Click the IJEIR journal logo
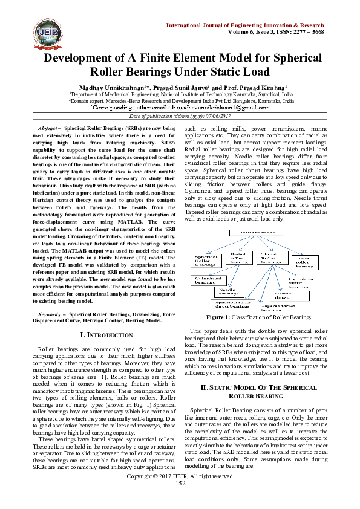coord(30,30)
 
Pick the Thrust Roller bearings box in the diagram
coord(270,259)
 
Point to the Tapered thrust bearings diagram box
coord(275,308)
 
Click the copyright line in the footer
coord(180,493)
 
